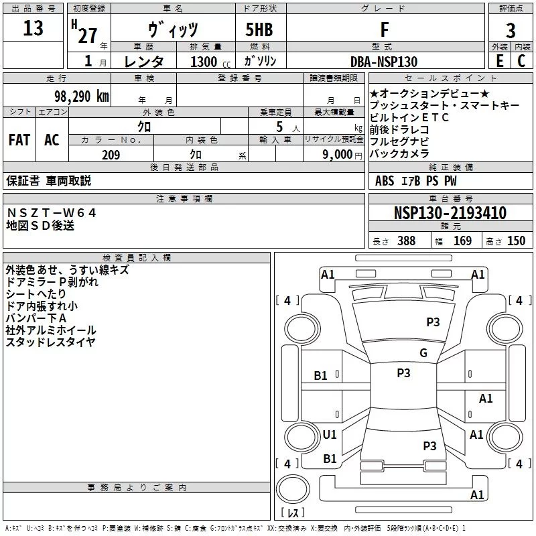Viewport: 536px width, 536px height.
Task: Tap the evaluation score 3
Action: pos(511,31)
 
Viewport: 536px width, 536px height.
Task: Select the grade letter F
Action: pos(384,30)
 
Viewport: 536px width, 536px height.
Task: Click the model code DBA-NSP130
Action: pos(384,62)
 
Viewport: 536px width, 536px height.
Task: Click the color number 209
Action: pos(111,155)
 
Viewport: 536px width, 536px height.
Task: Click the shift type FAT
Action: pos(19,140)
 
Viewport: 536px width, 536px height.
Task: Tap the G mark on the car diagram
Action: pos(423,353)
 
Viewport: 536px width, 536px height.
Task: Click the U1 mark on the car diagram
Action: pos(330,435)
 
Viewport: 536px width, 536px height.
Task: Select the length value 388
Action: pos(406,241)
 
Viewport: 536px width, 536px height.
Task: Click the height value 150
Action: pos(516,241)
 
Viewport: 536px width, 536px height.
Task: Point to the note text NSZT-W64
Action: pos(52,212)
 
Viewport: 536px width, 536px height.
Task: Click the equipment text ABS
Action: pos(385,180)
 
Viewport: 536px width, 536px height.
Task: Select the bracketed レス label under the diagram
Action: pos(293,514)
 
